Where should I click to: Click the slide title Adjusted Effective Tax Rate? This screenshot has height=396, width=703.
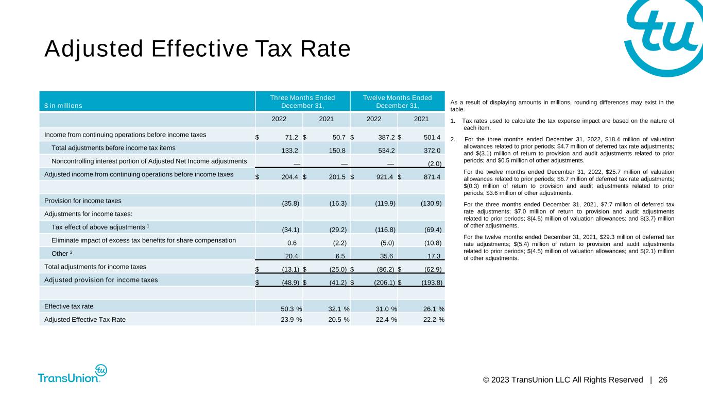click(197, 49)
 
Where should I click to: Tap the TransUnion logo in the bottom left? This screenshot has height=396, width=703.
click(72, 375)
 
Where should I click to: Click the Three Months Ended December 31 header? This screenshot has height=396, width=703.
click(302, 102)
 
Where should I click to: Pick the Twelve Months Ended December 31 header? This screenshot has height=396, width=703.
click(398, 102)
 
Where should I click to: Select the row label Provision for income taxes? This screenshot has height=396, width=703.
click(83, 200)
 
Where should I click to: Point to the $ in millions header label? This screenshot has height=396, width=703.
click(63, 106)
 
